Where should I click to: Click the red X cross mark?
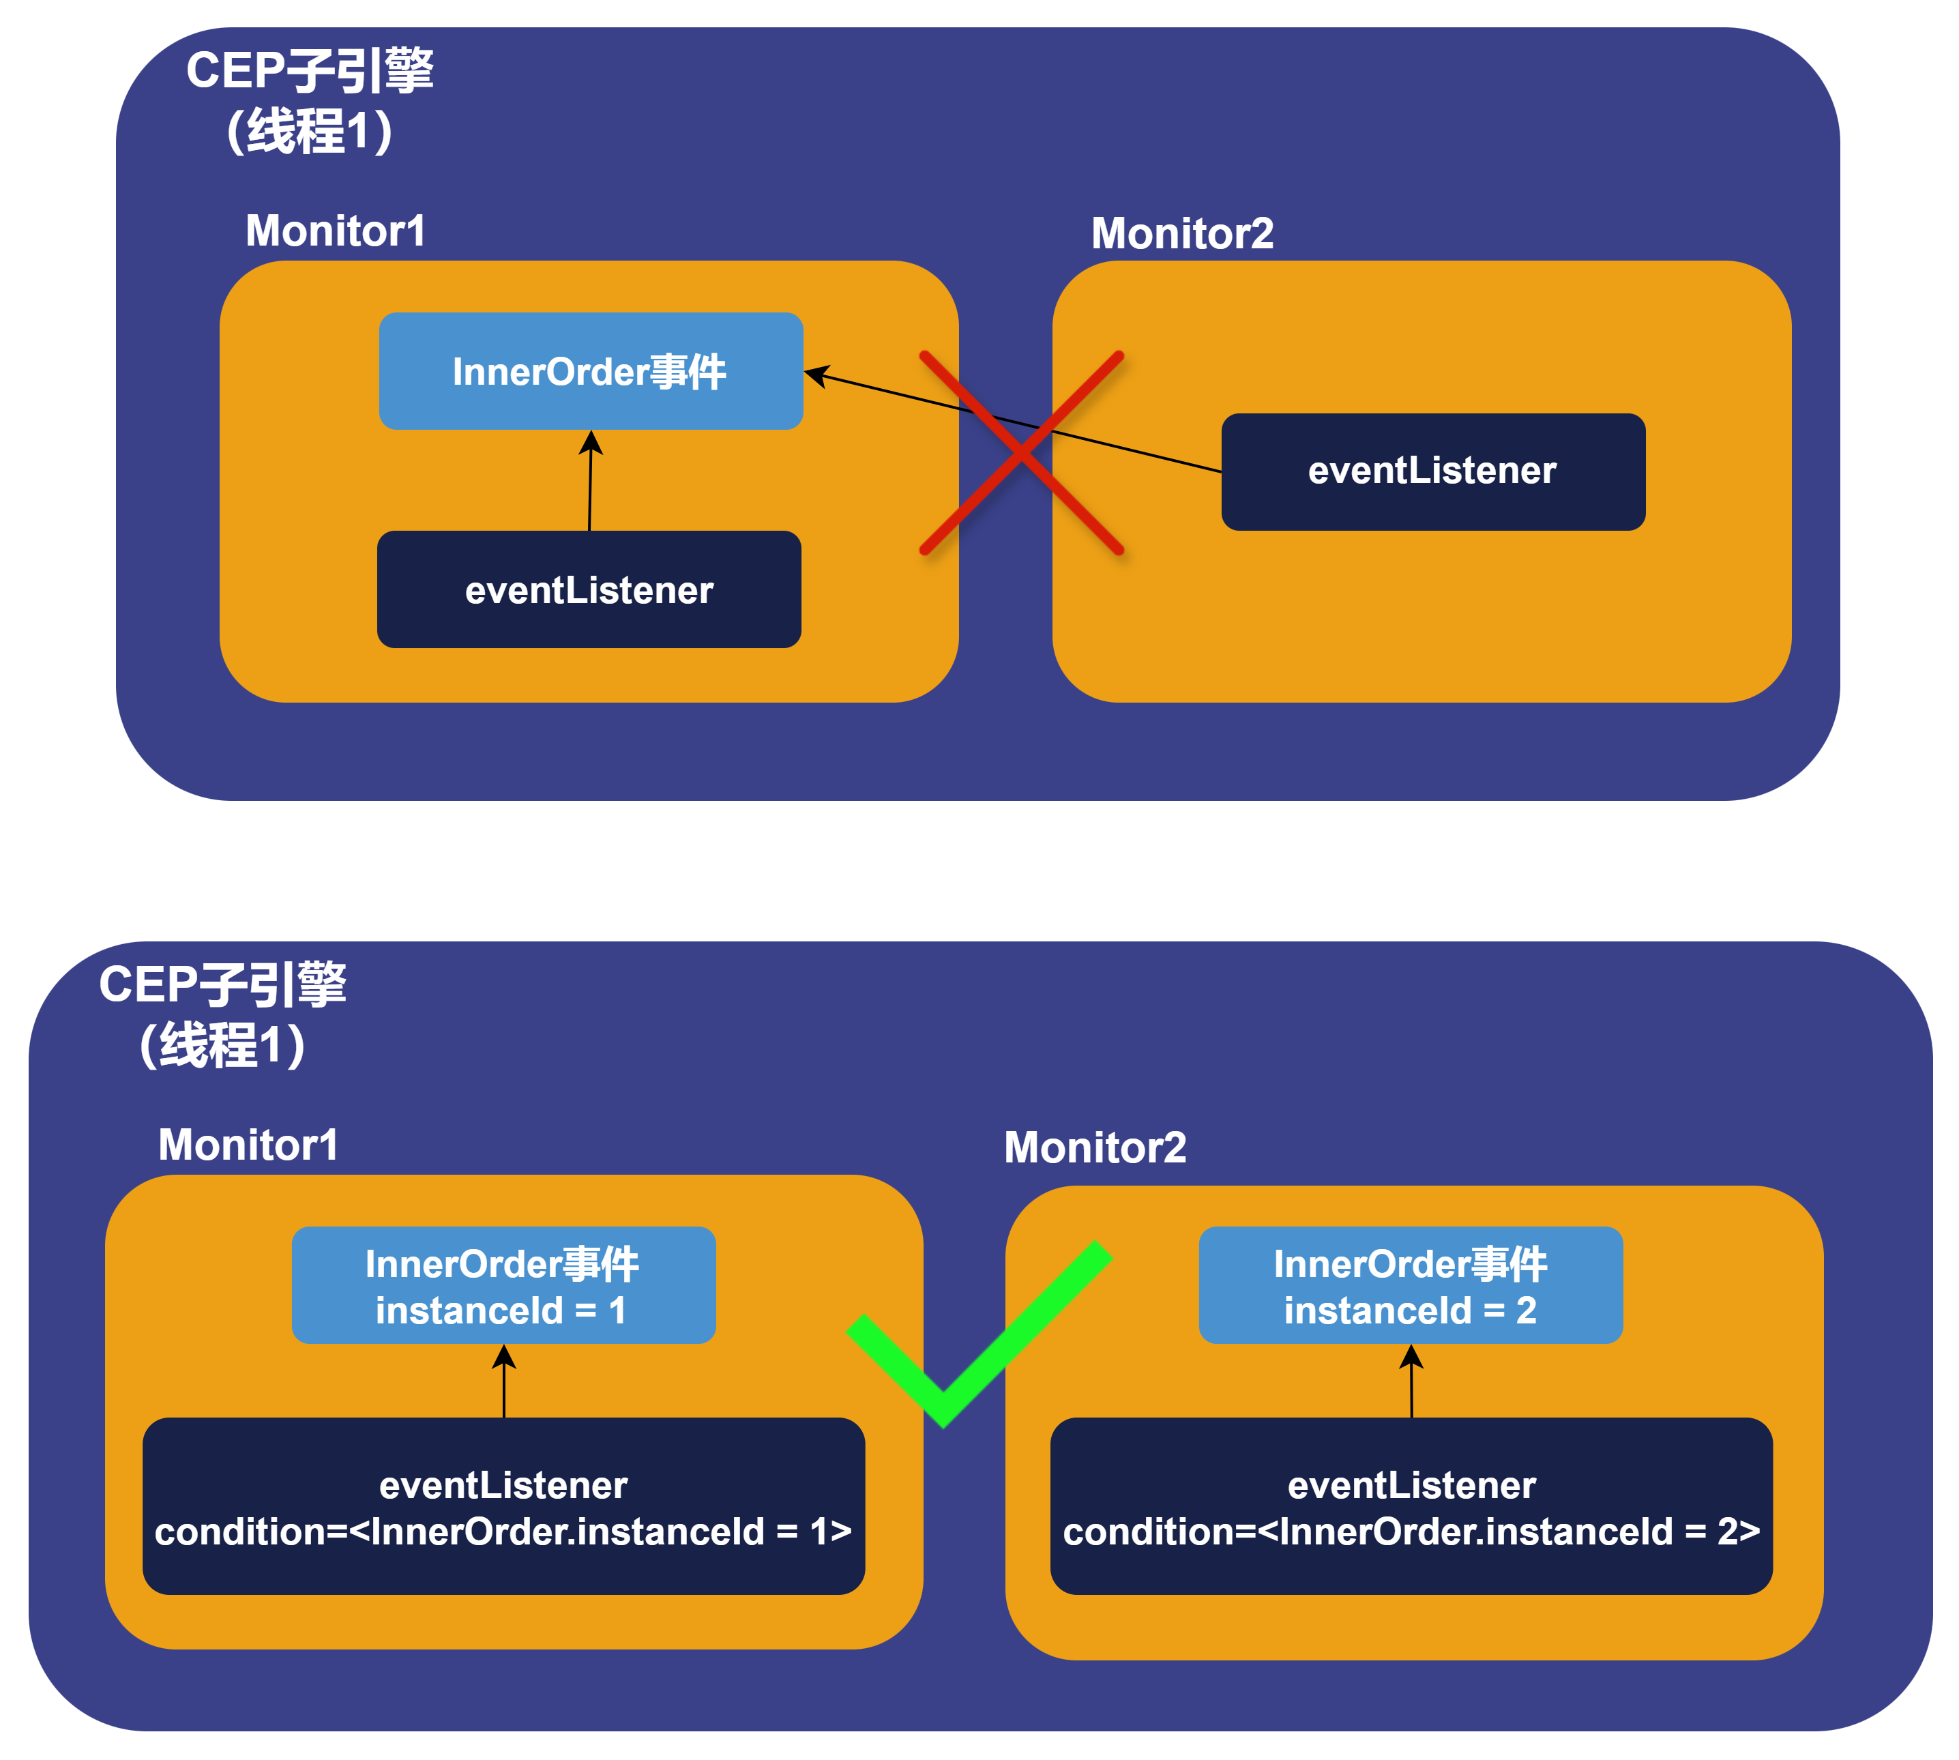click(x=1021, y=452)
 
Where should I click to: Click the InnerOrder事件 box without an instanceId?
click(x=590, y=371)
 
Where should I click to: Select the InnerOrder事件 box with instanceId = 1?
click(x=503, y=1285)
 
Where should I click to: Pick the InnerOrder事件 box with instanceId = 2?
click(x=1410, y=1285)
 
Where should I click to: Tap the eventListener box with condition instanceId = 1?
click(x=503, y=1507)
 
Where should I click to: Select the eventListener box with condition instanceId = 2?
click(x=1411, y=1507)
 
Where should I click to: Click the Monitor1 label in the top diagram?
click(x=336, y=231)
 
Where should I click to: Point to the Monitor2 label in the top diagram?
click(x=1181, y=233)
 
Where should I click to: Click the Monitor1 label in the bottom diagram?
click(x=248, y=1145)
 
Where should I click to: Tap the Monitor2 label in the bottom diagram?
click(x=1095, y=1148)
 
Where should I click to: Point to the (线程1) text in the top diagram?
click(x=310, y=132)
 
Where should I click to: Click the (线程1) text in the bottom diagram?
click(x=222, y=1045)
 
